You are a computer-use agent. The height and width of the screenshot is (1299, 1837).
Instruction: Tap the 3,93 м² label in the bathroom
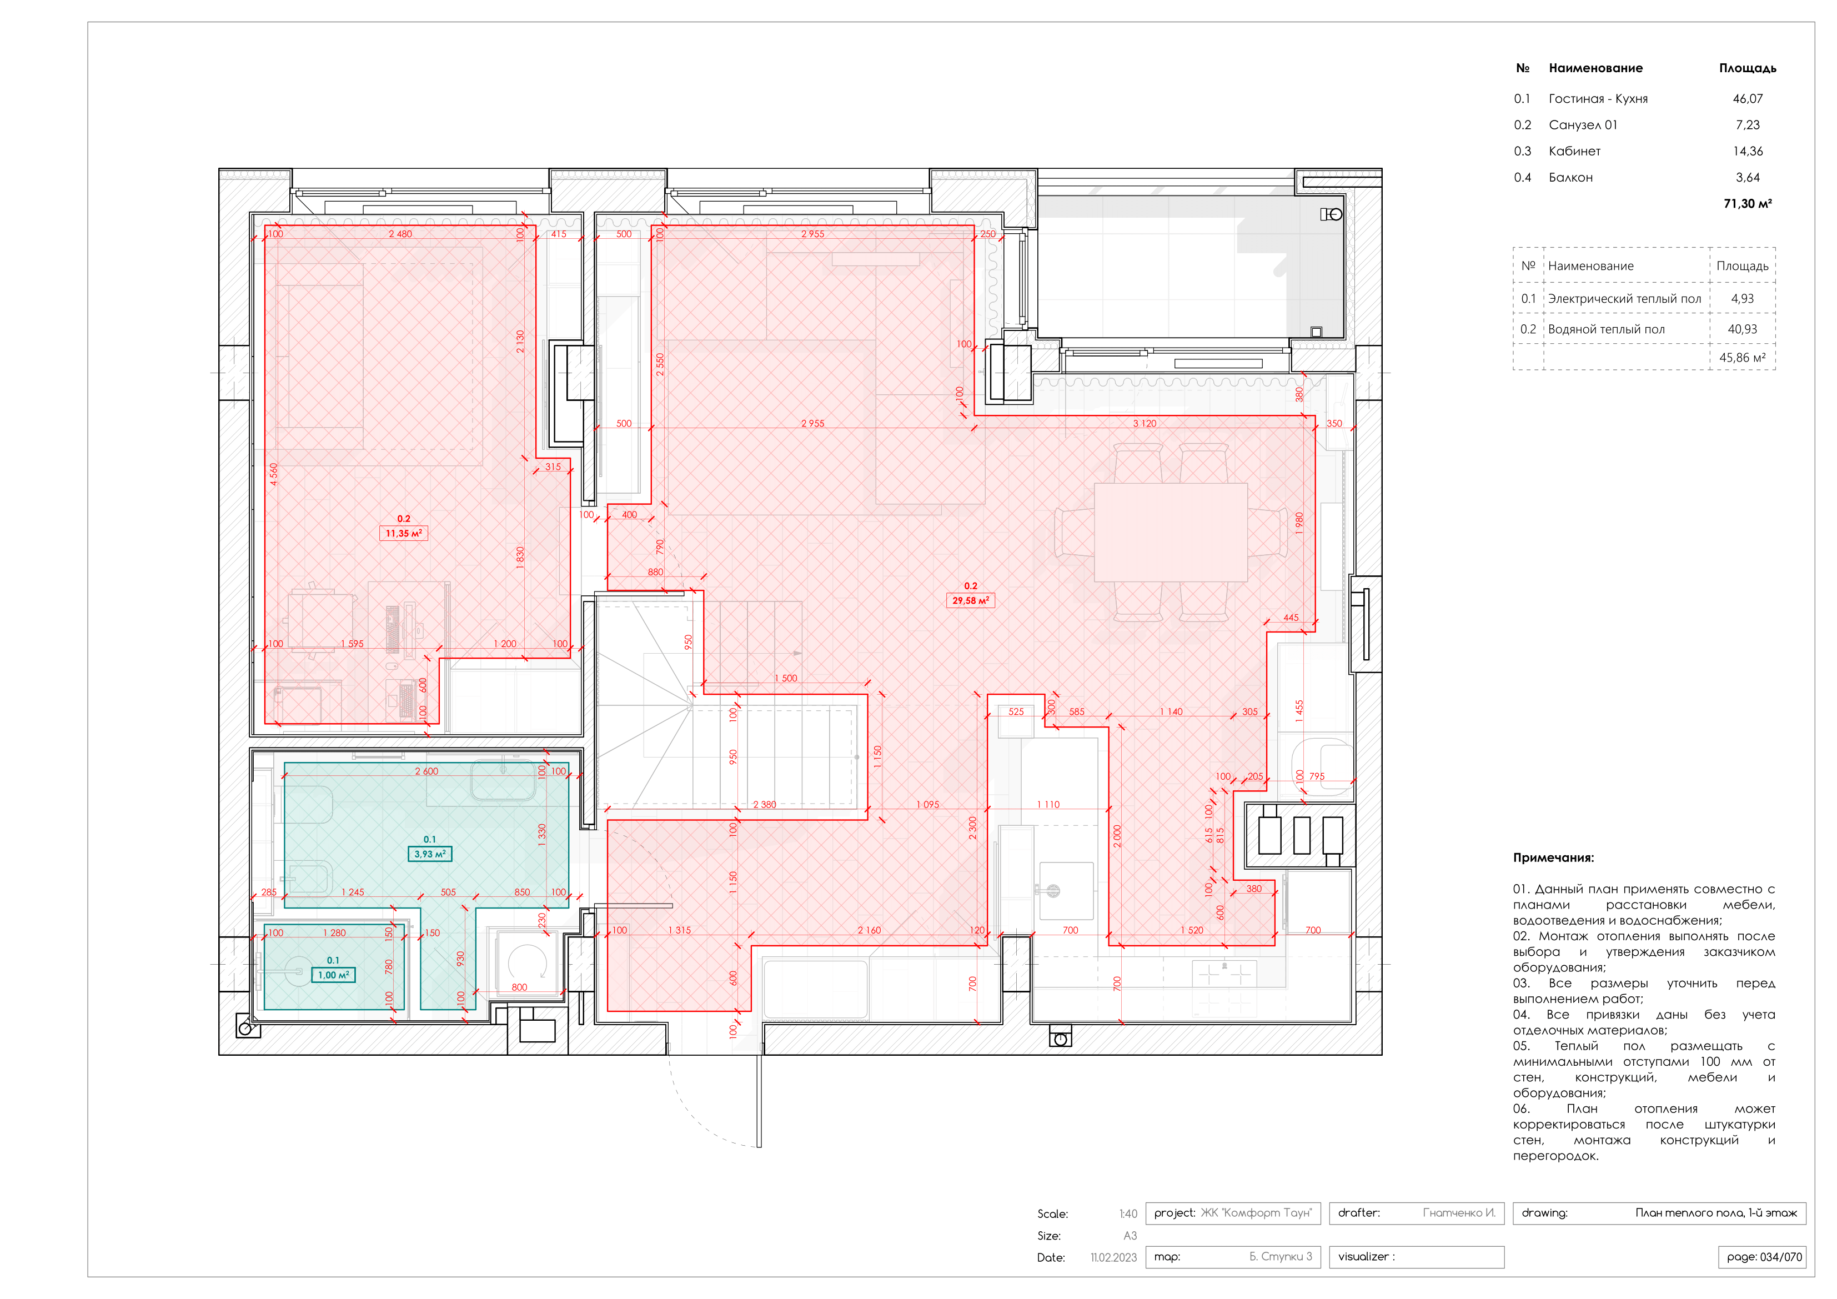point(430,854)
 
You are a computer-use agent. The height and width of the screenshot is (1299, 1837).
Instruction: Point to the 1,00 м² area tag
point(333,975)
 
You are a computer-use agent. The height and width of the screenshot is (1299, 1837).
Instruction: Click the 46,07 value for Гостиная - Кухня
point(1748,98)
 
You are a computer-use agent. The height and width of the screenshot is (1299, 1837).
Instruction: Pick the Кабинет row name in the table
point(1574,151)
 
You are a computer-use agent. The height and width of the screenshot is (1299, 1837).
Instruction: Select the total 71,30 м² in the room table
point(1748,203)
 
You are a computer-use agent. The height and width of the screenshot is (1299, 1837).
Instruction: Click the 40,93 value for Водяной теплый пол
point(1742,329)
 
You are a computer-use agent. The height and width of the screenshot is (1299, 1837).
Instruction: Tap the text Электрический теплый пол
point(1624,299)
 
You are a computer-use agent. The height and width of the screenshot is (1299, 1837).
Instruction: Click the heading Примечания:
point(1553,857)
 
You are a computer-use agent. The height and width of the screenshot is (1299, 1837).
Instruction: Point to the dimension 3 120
point(1144,423)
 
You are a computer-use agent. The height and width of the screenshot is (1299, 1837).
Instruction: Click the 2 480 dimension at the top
point(400,234)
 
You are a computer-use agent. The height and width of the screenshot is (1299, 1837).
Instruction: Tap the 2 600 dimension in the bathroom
point(426,771)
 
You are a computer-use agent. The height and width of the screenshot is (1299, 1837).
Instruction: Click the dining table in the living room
point(1170,531)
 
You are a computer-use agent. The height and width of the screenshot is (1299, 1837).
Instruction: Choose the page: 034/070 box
point(1763,1257)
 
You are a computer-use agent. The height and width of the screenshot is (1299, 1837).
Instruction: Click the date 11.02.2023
point(1113,1257)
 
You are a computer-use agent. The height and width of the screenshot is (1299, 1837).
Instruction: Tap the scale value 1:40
point(1127,1213)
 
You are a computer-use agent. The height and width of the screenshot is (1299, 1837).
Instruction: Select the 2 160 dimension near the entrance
point(869,930)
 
